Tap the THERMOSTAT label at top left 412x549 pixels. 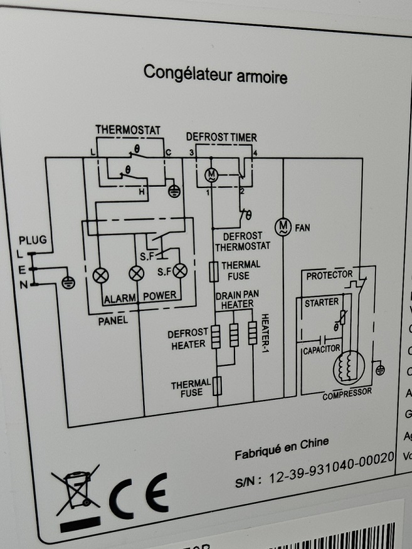[128, 130]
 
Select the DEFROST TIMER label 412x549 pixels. [221, 137]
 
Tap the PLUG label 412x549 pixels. [33, 240]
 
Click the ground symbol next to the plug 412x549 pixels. [68, 282]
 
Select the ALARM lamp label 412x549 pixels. [119, 297]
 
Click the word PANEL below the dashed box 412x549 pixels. [113, 320]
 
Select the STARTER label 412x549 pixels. [321, 303]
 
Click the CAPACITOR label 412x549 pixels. [321, 348]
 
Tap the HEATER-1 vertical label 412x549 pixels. [264, 329]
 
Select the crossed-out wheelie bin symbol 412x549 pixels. [76, 489]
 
